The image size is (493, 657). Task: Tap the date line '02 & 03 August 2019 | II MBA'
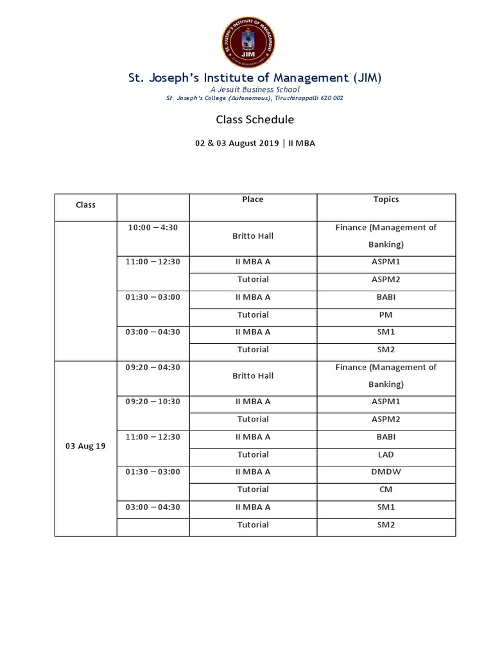pyautogui.click(x=255, y=144)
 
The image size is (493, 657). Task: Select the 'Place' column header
pyautogui.click(x=253, y=200)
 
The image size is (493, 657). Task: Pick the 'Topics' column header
pyautogui.click(x=386, y=200)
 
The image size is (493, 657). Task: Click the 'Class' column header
pyautogui.click(x=85, y=205)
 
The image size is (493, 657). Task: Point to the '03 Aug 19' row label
pyautogui.click(x=85, y=446)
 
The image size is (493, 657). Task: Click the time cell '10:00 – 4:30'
pyautogui.click(x=152, y=227)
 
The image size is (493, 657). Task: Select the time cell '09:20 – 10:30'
pyautogui.click(x=152, y=402)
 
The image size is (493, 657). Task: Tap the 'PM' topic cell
pyautogui.click(x=386, y=314)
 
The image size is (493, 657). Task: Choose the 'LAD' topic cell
pyautogui.click(x=386, y=454)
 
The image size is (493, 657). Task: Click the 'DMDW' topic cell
pyautogui.click(x=386, y=472)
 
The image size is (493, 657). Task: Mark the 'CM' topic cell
pyautogui.click(x=386, y=490)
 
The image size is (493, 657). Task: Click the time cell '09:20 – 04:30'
pyautogui.click(x=152, y=367)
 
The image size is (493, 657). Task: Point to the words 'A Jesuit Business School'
pyautogui.click(x=255, y=90)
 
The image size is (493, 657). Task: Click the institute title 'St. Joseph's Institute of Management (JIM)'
pyautogui.click(x=255, y=78)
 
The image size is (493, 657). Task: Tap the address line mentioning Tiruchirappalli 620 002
pyautogui.click(x=255, y=98)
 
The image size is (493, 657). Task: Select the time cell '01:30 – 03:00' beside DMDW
pyautogui.click(x=152, y=472)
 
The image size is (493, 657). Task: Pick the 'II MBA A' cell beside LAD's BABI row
pyautogui.click(x=253, y=437)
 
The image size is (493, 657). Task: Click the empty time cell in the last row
pyautogui.click(x=152, y=527)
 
